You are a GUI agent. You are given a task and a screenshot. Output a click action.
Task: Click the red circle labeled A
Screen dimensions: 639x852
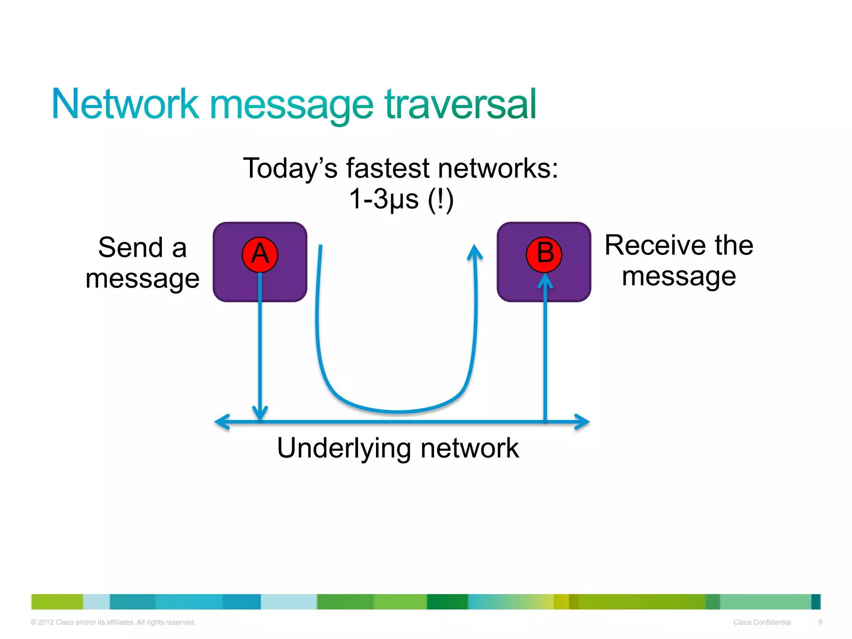pyautogui.click(x=260, y=255)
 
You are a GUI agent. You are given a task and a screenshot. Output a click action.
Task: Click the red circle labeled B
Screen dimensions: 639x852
pyautogui.click(x=544, y=255)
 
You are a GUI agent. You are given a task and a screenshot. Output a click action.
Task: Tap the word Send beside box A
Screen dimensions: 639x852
pyautogui.click(x=130, y=248)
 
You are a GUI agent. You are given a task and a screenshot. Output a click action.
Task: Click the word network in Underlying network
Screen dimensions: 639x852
pyautogui.click(x=470, y=448)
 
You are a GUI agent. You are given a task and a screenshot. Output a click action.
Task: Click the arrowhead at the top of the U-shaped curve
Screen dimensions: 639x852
pyautogui.click(x=474, y=251)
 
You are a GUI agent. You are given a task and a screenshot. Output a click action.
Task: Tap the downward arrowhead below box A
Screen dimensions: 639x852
pyautogui.click(x=260, y=414)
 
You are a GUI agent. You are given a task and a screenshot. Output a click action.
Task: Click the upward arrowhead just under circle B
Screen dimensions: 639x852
pyautogui.click(x=545, y=281)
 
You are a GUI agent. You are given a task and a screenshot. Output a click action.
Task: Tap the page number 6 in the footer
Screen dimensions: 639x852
pyautogui.click(x=820, y=622)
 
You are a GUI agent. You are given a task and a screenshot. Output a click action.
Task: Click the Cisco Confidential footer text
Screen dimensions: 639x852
pyautogui.click(x=762, y=622)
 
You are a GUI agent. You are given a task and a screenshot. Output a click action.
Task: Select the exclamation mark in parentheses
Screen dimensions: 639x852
pyautogui.click(x=440, y=199)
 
